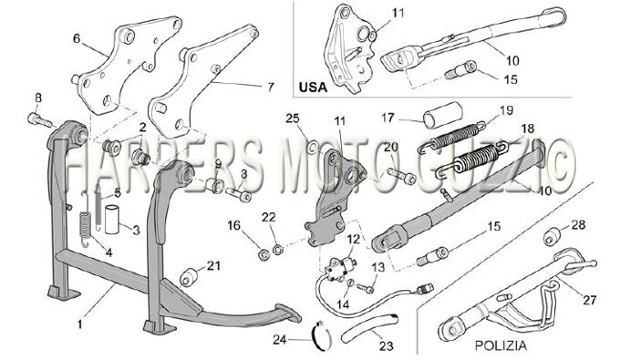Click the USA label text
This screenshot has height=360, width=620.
(x=313, y=87)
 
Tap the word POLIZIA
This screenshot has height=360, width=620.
(x=501, y=345)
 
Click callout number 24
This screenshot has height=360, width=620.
(x=280, y=339)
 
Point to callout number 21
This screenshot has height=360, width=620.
(x=213, y=266)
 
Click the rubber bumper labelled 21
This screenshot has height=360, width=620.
(x=189, y=277)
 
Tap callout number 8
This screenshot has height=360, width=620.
(x=38, y=98)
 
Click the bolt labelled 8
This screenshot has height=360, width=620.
(x=39, y=120)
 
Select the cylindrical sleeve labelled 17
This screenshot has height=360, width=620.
(x=443, y=115)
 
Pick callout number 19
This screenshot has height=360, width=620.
(x=506, y=110)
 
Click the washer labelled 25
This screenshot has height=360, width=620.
(x=313, y=148)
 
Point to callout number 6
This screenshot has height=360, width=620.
(x=77, y=38)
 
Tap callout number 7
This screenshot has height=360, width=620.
(x=271, y=87)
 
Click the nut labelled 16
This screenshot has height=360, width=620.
(x=263, y=254)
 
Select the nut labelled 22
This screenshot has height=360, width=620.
(x=277, y=250)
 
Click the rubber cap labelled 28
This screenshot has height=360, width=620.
(x=552, y=236)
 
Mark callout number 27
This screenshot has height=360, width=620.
(x=589, y=300)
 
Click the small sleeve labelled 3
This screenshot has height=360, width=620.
(x=110, y=219)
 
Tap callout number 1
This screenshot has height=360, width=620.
(x=80, y=324)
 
